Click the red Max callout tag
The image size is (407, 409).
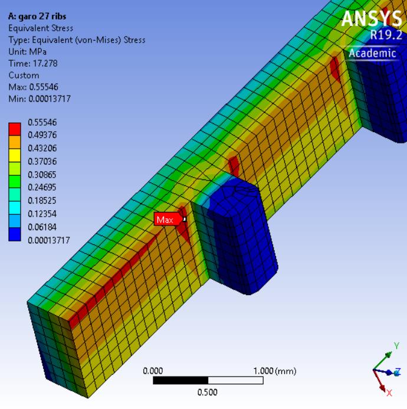(x=168, y=220)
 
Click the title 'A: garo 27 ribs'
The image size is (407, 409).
(x=37, y=17)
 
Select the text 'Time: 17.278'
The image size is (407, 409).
(x=33, y=63)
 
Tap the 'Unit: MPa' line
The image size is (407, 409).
(x=27, y=52)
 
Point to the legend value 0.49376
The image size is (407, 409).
(x=42, y=135)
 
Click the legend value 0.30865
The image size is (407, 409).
(x=42, y=174)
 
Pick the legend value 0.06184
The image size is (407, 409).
(x=42, y=227)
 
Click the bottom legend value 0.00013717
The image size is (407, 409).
(x=49, y=240)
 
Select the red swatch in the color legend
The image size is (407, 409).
(x=15, y=129)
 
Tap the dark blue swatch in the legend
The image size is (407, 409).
(x=15, y=234)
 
